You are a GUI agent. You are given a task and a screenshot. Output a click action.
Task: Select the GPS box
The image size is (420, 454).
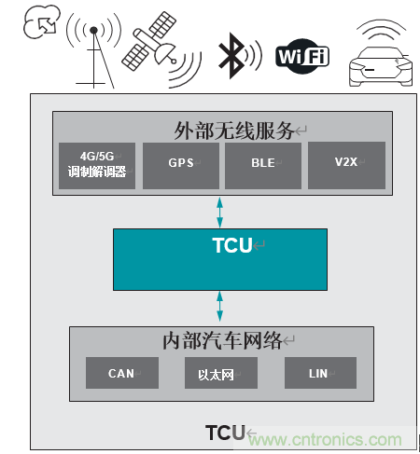(180, 165)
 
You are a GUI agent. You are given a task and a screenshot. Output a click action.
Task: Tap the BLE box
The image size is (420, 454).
(262, 165)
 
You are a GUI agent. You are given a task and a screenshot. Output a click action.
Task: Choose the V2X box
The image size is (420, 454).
(344, 165)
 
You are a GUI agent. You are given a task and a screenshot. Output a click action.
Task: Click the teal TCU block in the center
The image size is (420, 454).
(221, 258)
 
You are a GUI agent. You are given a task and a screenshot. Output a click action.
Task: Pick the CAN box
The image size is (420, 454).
(122, 373)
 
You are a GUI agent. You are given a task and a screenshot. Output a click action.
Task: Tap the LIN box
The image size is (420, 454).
(320, 373)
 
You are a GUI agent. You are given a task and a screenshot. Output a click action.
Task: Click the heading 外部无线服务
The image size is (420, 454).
(220, 128)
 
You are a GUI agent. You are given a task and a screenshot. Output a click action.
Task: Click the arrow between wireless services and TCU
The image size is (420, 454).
(221, 210)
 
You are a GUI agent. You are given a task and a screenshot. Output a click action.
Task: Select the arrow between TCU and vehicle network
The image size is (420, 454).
(221, 306)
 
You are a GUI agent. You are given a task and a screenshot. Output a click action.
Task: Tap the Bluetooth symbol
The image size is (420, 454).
(230, 55)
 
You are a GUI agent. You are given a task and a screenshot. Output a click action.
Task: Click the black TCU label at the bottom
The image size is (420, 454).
(225, 432)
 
